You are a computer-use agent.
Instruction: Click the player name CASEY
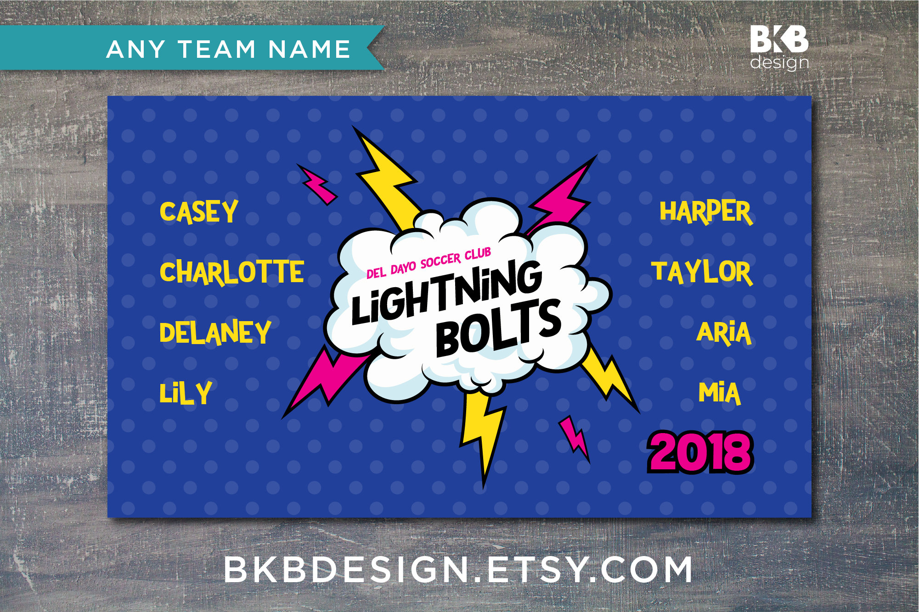(x=199, y=212)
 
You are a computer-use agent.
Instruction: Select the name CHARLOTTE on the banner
(x=232, y=272)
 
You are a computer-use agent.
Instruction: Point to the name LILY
(x=186, y=393)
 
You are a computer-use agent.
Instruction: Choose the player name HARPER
(x=706, y=212)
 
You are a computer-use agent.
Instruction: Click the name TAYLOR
(x=702, y=273)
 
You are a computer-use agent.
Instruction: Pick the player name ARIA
(x=724, y=333)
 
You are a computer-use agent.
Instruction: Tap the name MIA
(x=720, y=393)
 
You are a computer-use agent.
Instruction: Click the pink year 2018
(x=700, y=452)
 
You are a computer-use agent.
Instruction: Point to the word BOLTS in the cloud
(x=498, y=328)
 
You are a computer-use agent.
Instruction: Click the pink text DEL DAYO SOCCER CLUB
(x=428, y=263)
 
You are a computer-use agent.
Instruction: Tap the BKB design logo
(x=779, y=48)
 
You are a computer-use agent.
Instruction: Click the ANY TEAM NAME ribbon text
(x=228, y=49)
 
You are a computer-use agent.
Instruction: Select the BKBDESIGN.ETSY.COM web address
(x=458, y=569)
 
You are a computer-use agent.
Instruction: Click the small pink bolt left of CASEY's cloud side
(x=318, y=184)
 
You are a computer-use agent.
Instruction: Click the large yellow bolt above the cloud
(x=388, y=179)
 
